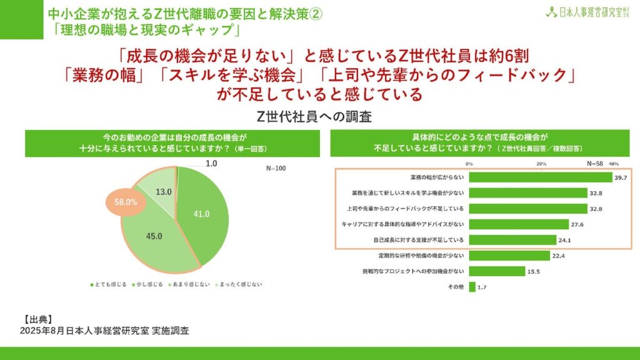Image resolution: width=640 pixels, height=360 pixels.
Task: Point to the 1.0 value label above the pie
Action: click(211, 164)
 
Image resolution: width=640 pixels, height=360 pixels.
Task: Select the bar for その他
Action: click(472, 287)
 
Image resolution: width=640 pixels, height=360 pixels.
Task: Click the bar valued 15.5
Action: click(497, 271)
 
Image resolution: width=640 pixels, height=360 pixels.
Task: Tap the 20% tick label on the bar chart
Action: click(541, 164)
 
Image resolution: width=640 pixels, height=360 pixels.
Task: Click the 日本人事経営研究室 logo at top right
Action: click(586, 12)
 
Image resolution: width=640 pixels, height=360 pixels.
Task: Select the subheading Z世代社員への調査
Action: click(319, 116)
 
